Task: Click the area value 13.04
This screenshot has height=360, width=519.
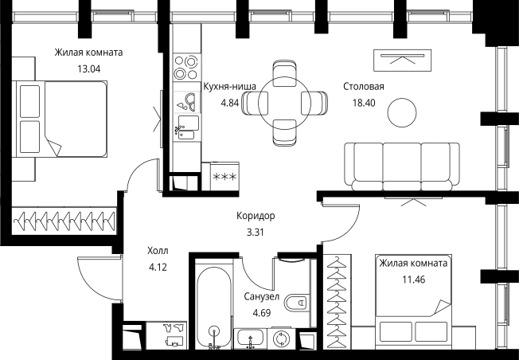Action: pyautogui.click(x=88, y=68)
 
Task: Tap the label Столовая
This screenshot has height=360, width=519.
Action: pyautogui.click(x=364, y=87)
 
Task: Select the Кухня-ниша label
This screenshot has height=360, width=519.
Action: pyautogui.click(x=229, y=87)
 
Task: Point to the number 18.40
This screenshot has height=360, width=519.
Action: pyautogui.click(x=364, y=103)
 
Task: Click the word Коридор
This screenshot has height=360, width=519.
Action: pyautogui.click(x=256, y=216)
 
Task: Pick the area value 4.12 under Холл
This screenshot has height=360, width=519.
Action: pyautogui.click(x=158, y=267)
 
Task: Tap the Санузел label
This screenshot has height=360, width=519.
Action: pyautogui.click(x=261, y=296)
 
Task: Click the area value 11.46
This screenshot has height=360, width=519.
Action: pyautogui.click(x=413, y=280)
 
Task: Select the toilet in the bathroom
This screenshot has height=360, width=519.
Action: pyautogui.click(x=297, y=303)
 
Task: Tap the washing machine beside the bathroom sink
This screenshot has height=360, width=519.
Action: pyautogui.click(x=281, y=338)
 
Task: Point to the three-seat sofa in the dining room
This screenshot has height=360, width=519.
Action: pyautogui.click(x=402, y=167)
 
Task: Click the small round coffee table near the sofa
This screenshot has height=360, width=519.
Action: pyautogui.click(x=402, y=112)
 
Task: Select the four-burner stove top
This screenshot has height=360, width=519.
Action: pyautogui.click(x=187, y=68)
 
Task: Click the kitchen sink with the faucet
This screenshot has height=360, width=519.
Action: pyautogui.click(x=187, y=127)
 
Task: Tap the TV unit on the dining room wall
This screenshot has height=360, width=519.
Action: pyautogui.click(x=402, y=61)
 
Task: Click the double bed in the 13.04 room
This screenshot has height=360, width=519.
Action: pyautogui.click(x=61, y=119)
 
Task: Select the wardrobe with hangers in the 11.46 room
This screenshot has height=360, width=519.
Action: pyautogui.click(x=337, y=301)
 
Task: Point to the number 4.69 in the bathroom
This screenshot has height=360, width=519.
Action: pyautogui.click(x=261, y=313)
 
